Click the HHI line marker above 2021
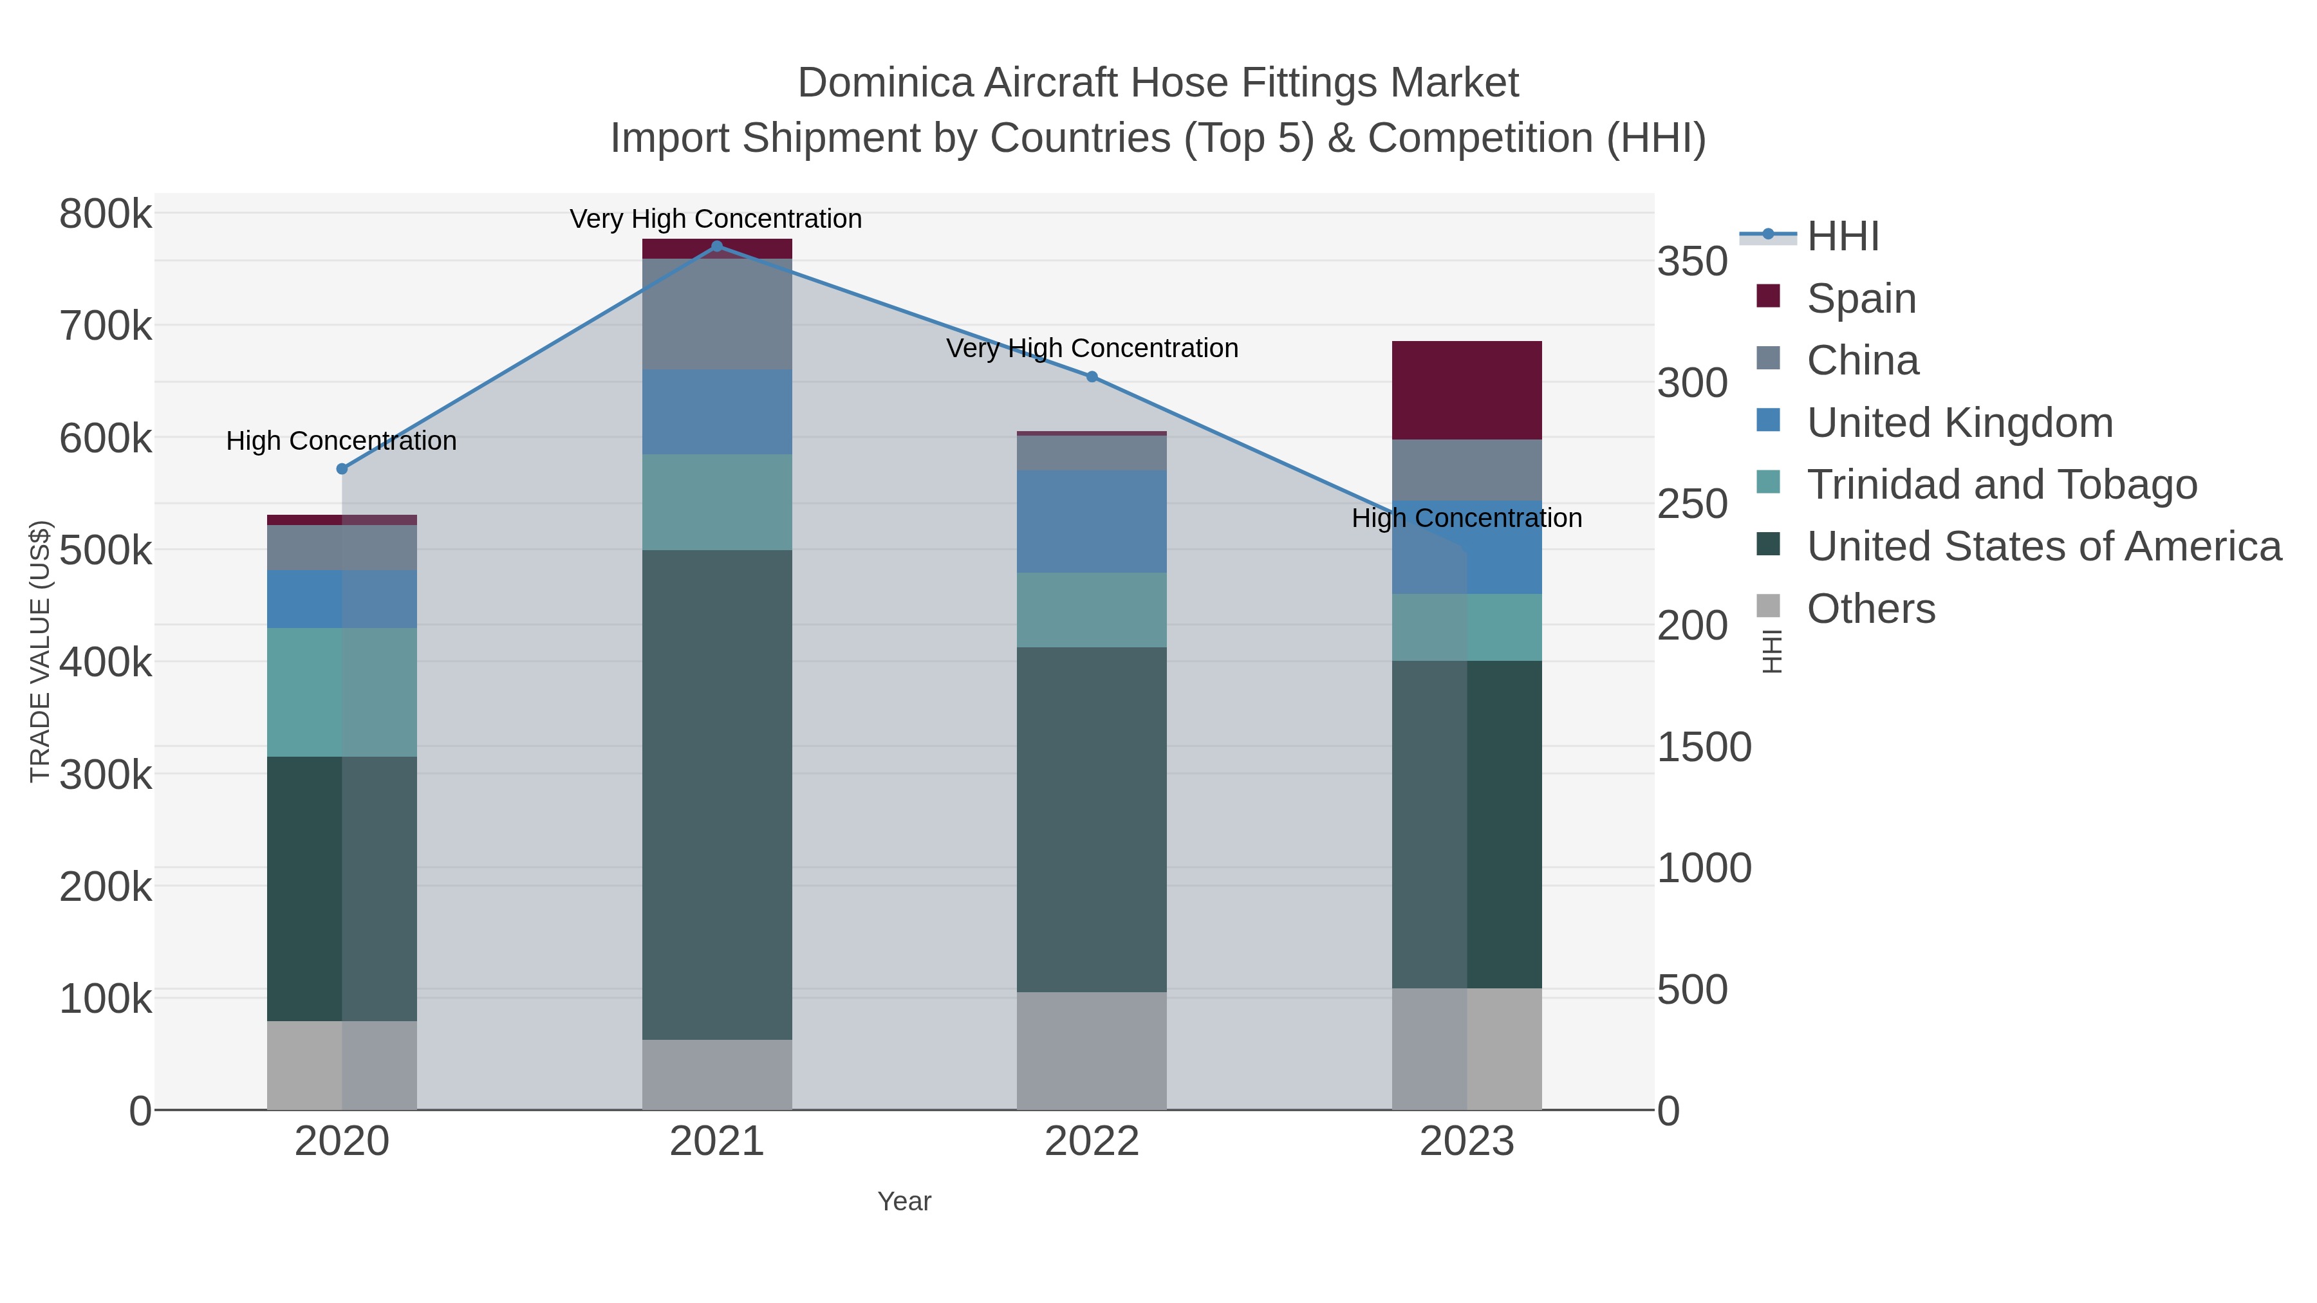click(717, 246)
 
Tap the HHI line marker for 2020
click(342, 468)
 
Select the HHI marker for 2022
click(1092, 377)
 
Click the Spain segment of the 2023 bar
click(1466, 391)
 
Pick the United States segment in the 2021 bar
click(717, 794)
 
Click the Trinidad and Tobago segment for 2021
click(717, 502)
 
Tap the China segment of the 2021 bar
click(717, 314)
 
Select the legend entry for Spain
click(1861, 299)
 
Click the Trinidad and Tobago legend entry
click(2001, 485)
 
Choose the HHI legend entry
click(1842, 237)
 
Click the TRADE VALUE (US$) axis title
click(41, 651)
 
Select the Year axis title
click(904, 1201)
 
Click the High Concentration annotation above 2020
click(341, 441)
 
